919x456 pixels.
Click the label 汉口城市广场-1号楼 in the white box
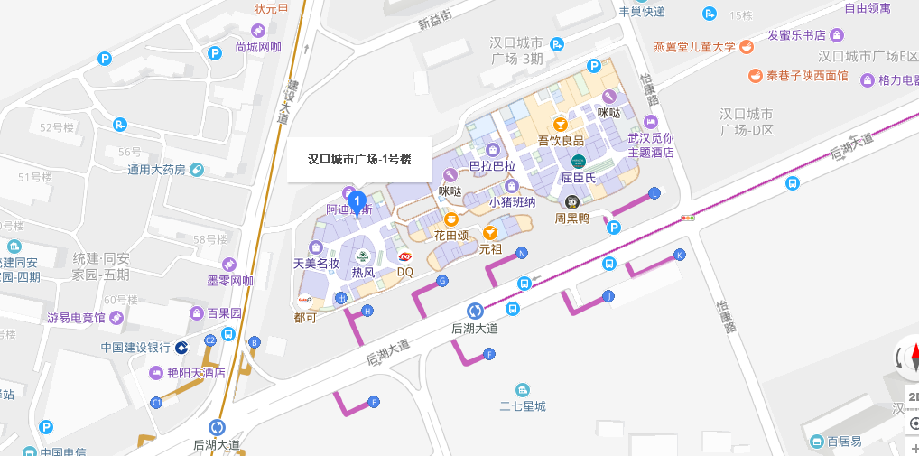coord(359,160)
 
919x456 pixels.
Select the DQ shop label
coord(405,271)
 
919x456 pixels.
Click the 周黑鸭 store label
coord(571,218)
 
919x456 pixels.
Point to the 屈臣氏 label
coord(579,177)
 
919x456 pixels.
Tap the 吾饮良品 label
coord(561,140)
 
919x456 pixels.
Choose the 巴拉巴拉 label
coord(492,166)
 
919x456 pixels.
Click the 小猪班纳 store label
coord(512,201)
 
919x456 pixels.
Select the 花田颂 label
coord(450,236)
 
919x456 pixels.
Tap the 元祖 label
coord(490,248)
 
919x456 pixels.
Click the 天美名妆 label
coord(316,264)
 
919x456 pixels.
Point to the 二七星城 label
coord(523,406)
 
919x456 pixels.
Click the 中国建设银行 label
coord(135,347)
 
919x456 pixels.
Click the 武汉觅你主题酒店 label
coord(651,145)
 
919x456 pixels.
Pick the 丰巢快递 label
coord(641,12)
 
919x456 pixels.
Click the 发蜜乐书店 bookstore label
coord(796,35)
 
